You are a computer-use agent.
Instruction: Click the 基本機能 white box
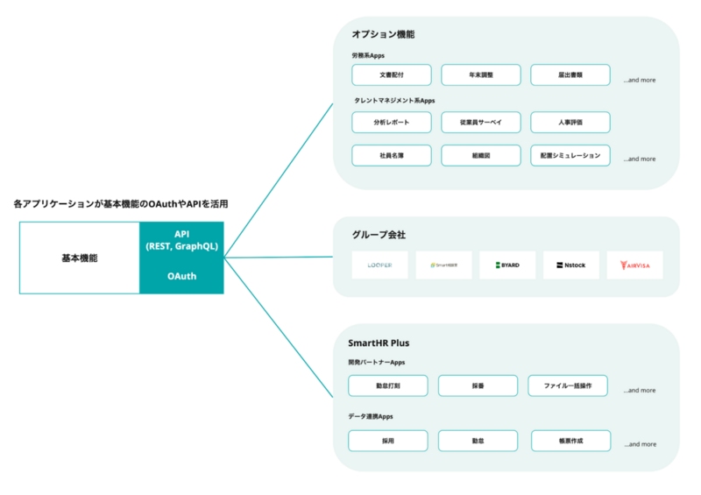coord(80,258)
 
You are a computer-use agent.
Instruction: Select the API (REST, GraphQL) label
coord(181,240)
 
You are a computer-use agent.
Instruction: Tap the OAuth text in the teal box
coord(181,276)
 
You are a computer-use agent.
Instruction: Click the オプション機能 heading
coord(383,34)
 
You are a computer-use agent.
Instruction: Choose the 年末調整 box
coord(480,75)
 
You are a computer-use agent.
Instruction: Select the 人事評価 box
coord(570,122)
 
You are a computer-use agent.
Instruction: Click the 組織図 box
coord(480,155)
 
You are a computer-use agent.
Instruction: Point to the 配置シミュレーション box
coord(570,155)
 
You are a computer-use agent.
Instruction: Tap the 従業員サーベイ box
coord(480,122)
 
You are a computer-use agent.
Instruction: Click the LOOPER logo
coord(379,265)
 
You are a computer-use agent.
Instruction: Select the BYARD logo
coord(506,265)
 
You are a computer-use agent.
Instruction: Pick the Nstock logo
coord(570,265)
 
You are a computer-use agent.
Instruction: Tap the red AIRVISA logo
coord(634,265)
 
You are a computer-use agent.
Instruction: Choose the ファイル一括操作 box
coord(568,385)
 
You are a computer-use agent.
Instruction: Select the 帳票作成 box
coord(568,441)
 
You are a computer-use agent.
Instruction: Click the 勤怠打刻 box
coord(388,385)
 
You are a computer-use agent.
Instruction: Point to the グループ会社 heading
coord(379,235)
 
